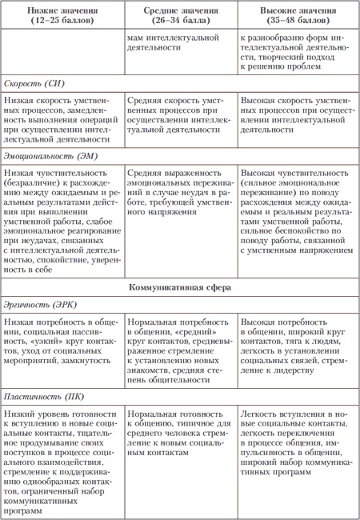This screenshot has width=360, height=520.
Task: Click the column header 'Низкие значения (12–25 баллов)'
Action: pos(61,15)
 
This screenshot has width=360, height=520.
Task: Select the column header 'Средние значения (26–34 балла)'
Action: pos(180,15)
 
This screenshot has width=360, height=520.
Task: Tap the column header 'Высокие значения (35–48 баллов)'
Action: pos(297,15)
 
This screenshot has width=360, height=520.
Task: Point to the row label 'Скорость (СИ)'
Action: pos(33,83)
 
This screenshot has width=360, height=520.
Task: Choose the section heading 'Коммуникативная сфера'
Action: pos(179,286)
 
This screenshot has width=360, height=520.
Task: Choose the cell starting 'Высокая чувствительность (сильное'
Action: pos(297,212)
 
